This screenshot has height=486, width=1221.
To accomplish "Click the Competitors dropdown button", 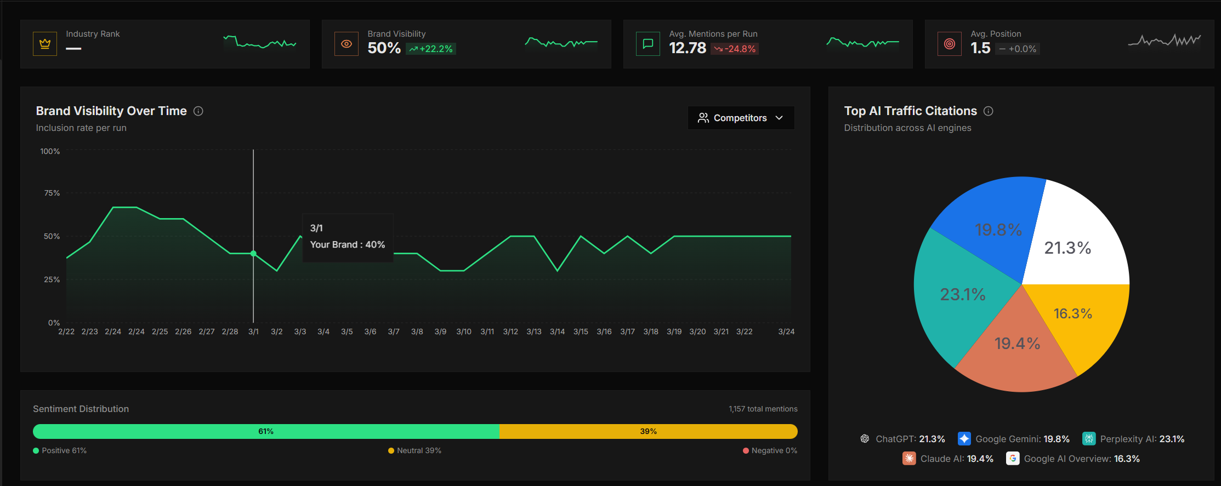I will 740,118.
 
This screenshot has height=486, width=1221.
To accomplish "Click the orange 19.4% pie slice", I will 1017,351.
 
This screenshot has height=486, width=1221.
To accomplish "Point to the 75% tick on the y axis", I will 52,193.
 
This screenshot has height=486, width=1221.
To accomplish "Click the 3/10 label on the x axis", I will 464,331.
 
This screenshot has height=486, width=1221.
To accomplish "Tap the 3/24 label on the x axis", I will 786,331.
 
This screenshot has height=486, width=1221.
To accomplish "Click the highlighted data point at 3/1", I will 253,254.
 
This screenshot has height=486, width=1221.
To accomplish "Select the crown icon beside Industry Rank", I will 45,44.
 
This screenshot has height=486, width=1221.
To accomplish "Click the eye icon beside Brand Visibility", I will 347,44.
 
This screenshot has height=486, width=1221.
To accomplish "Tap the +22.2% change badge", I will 431,49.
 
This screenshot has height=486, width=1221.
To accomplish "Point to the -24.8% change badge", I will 735,49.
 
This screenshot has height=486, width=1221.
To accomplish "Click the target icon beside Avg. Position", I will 950,44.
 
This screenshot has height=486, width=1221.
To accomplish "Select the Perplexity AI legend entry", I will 1133,439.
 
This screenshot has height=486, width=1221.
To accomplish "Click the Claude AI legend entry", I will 948,459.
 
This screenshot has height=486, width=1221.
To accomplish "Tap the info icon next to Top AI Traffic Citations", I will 989,111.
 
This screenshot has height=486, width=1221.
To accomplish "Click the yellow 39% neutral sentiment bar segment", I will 648,431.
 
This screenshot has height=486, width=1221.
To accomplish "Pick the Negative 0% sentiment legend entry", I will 770,450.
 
